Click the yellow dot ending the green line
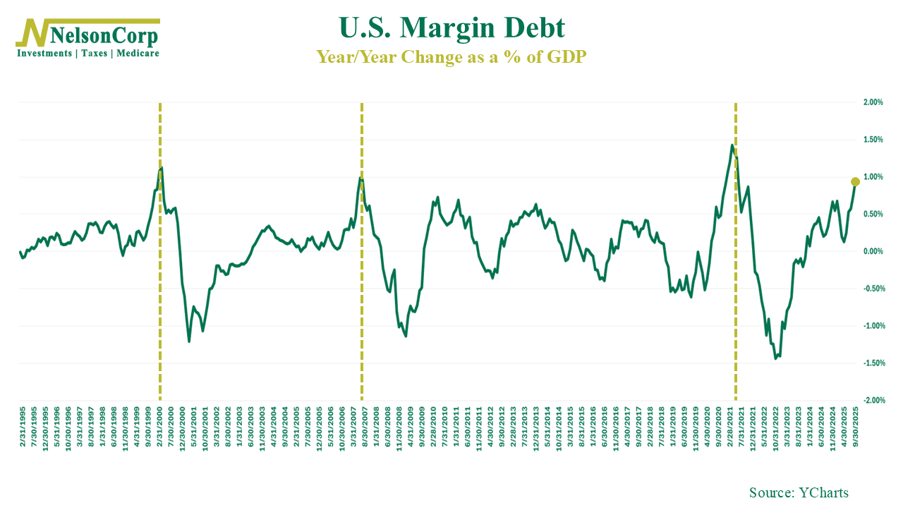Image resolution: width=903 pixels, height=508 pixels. pyautogui.click(x=855, y=182)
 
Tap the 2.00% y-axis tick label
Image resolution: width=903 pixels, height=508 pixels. pyautogui.click(x=873, y=102)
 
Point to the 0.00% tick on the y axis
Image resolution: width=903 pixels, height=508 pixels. pyautogui.click(x=873, y=251)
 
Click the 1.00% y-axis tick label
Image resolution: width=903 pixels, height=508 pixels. pyautogui.click(x=873, y=177)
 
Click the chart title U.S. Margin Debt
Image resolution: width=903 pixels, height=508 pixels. pyautogui.click(x=452, y=28)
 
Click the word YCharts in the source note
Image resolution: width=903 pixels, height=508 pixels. pyautogui.click(x=823, y=492)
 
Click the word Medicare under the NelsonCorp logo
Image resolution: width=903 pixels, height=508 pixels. pyautogui.click(x=138, y=53)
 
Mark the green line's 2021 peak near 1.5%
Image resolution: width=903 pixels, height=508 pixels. pyautogui.click(x=733, y=145)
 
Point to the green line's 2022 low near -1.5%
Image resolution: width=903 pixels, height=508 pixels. pyautogui.click(x=775, y=358)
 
